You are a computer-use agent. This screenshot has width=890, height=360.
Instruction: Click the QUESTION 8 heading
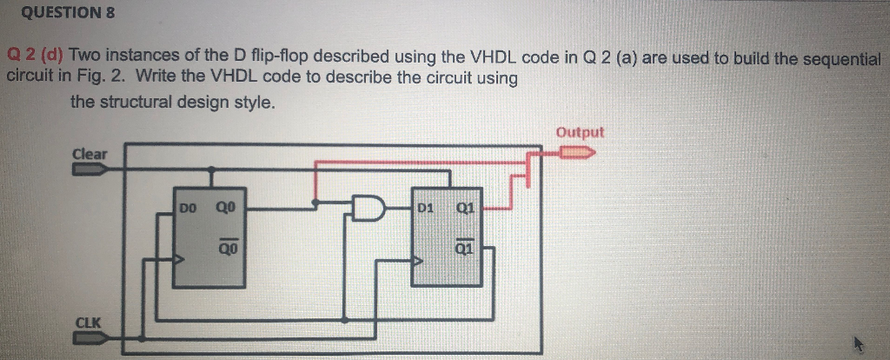59,13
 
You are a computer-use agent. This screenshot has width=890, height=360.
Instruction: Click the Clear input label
90,154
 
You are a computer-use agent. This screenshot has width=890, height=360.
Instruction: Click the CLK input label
89,323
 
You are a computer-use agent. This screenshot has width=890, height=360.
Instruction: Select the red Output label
580,132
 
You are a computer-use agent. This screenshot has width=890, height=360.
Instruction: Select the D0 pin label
189,208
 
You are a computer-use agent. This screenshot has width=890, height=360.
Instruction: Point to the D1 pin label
426,208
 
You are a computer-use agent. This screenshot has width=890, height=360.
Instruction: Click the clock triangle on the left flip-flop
178,259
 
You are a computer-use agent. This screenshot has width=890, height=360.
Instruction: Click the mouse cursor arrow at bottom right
860,345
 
